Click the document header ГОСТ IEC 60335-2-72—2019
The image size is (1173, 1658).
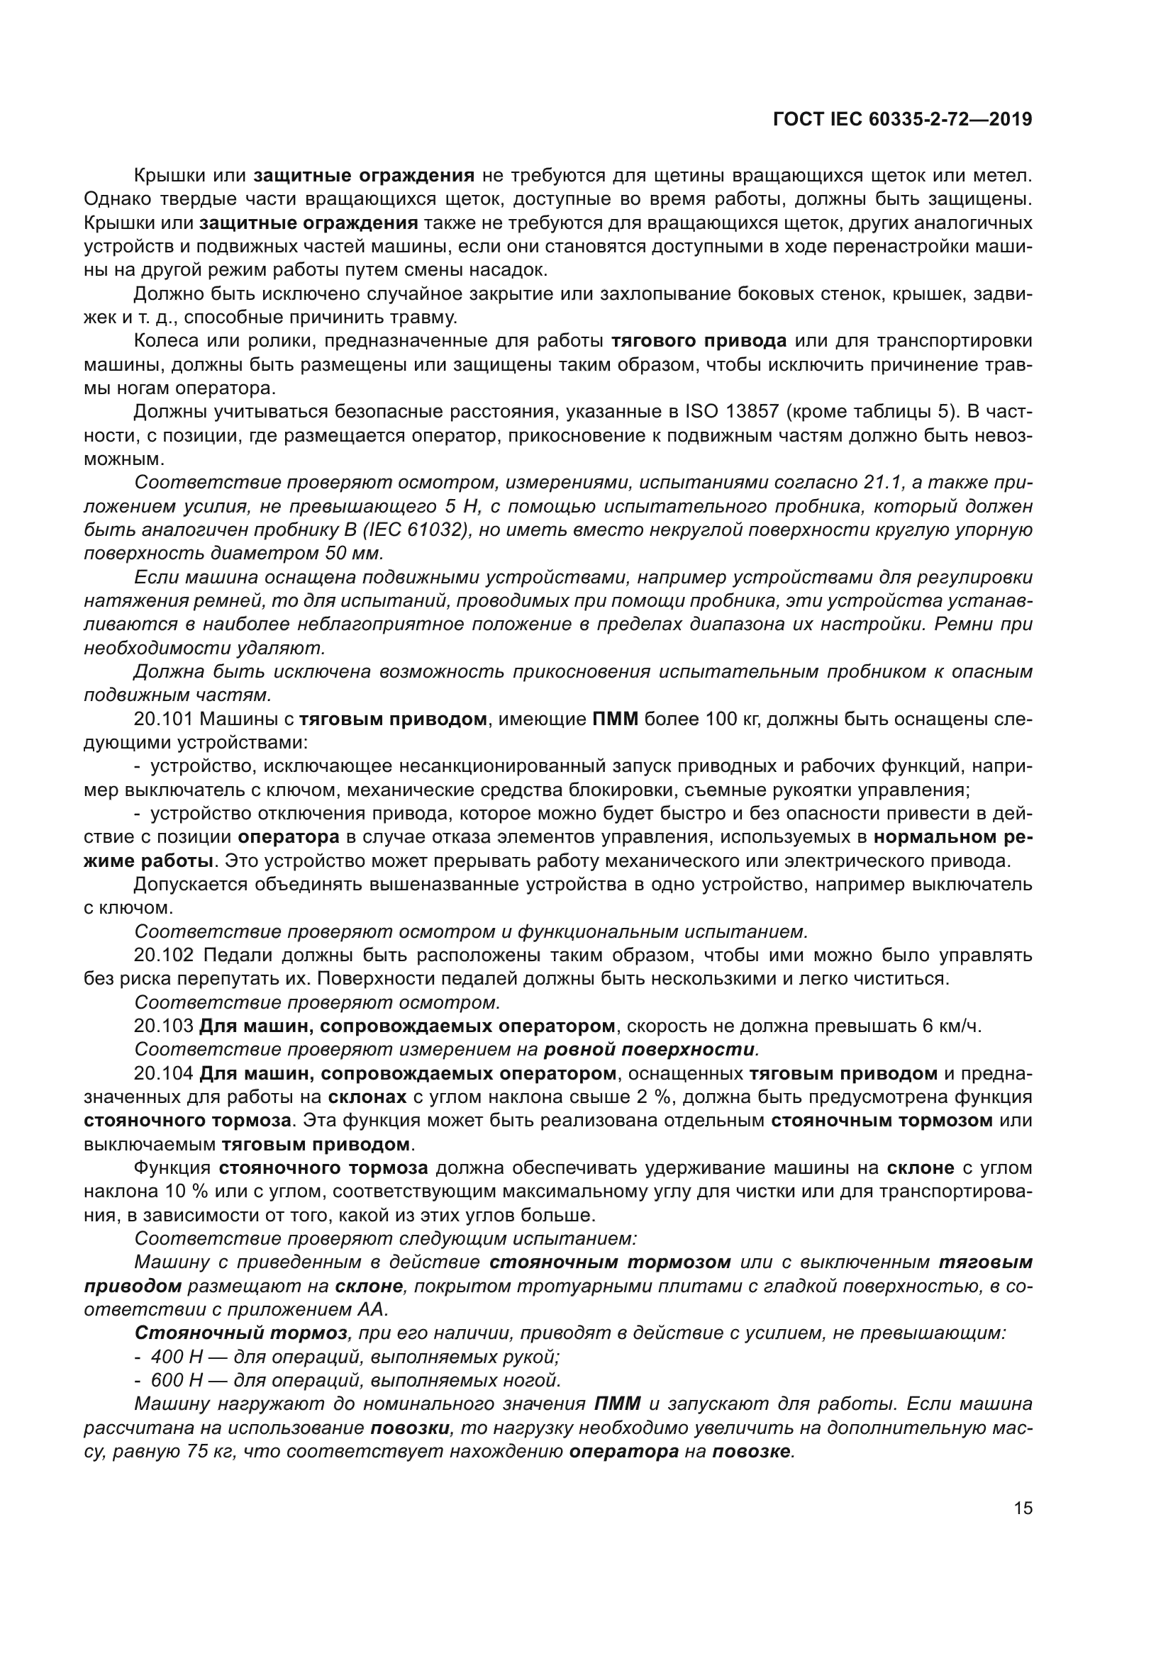click(902, 119)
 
